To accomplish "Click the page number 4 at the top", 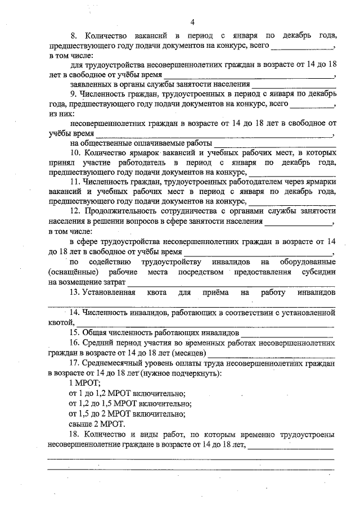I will click(192, 22).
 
